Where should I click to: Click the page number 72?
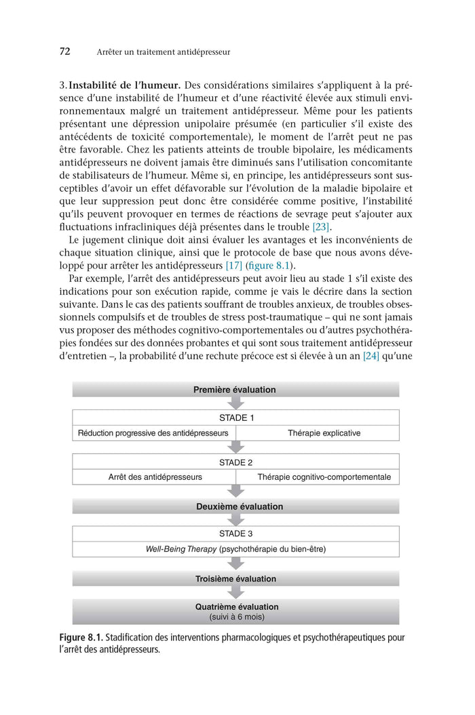65,51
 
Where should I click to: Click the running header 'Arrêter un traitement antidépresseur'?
164,52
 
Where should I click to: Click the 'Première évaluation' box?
235,390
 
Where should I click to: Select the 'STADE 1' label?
235,417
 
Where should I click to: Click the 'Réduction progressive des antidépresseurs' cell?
153,433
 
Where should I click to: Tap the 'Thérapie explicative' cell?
324,433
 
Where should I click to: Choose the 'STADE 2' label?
235,462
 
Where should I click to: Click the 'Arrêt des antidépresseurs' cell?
155,477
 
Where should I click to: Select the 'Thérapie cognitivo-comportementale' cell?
324,477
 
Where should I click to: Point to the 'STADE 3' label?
235,533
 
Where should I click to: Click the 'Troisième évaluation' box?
235,579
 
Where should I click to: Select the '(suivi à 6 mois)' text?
237,617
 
